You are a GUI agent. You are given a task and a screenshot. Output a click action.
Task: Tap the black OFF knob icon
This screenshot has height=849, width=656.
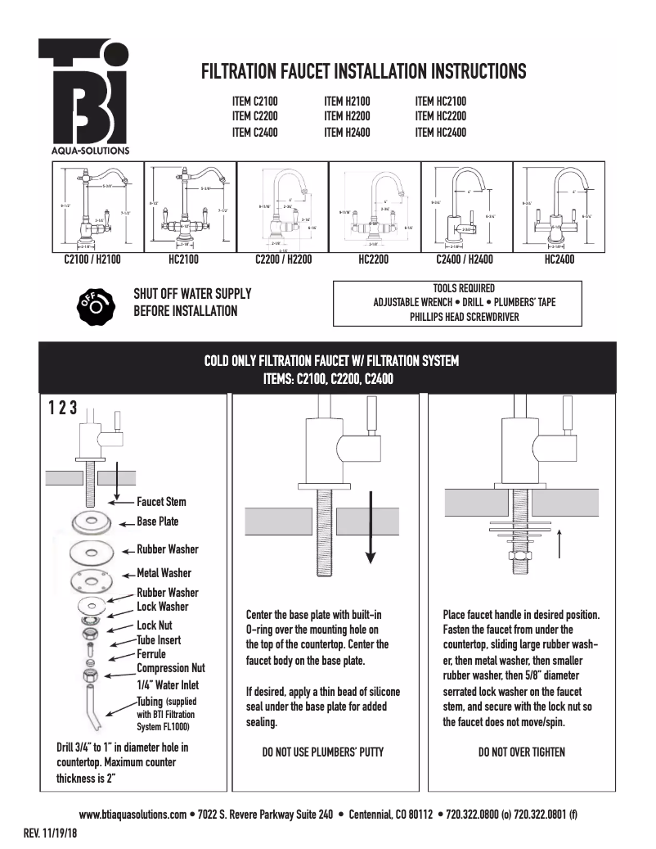[92, 302]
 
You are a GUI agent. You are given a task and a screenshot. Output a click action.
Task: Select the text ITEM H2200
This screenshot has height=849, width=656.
[347, 116]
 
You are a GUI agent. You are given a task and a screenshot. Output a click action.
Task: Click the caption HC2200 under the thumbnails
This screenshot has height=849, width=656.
[373, 260]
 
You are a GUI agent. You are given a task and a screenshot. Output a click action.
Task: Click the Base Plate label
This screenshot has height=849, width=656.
[157, 522]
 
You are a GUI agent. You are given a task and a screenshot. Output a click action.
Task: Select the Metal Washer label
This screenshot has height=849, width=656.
[164, 573]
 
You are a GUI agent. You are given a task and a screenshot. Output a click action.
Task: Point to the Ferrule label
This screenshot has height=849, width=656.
[151, 654]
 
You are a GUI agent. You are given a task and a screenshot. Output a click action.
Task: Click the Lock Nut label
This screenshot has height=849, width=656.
[154, 625]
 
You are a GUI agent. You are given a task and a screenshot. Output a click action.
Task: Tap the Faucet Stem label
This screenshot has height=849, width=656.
[161, 502]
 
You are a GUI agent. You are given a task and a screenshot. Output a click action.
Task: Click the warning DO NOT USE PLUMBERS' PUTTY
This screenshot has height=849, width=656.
[322, 752]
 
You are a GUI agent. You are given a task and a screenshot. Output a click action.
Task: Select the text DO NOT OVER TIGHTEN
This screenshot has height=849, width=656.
[521, 752]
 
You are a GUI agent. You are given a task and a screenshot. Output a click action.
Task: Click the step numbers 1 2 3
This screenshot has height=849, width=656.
[63, 409]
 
